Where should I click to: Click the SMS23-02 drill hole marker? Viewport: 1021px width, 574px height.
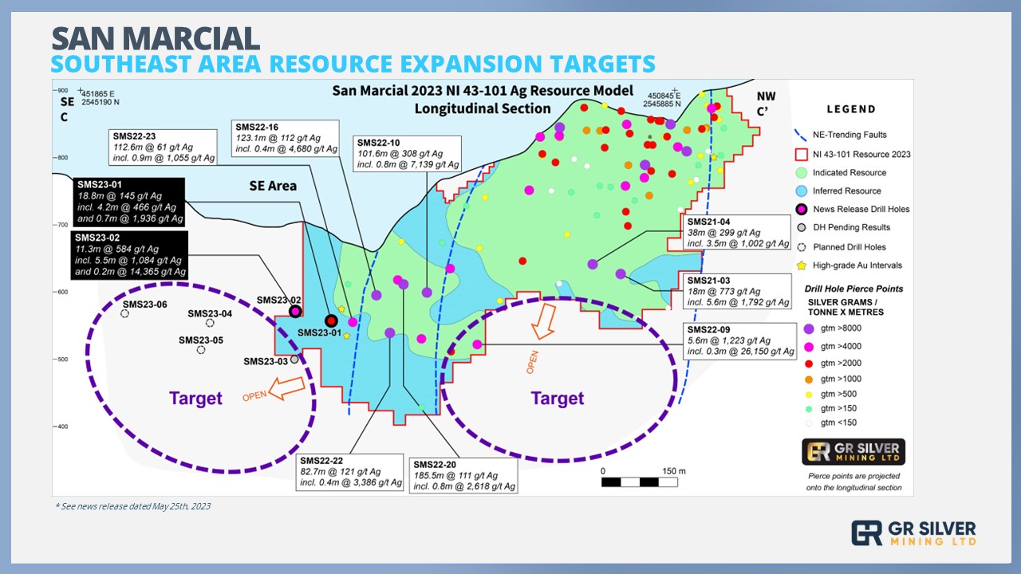click(x=295, y=312)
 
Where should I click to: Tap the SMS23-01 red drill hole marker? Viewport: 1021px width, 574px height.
click(x=331, y=320)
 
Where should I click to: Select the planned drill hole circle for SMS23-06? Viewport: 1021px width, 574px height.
click(x=124, y=314)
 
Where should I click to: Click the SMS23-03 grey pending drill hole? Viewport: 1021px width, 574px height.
click(x=294, y=360)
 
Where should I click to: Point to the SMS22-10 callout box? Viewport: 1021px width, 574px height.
click(x=407, y=154)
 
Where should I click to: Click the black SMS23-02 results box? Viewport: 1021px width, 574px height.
click(x=129, y=255)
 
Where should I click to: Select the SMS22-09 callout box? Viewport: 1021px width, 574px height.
click(x=739, y=340)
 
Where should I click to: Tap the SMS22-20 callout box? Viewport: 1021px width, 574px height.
click(x=463, y=476)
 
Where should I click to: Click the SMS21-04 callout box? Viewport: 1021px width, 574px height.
click(x=736, y=232)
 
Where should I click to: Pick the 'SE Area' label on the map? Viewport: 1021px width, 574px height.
click(x=273, y=186)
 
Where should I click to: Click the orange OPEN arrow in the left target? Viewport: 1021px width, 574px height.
click(x=286, y=388)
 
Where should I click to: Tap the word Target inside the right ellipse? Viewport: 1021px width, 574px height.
click(x=558, y=399)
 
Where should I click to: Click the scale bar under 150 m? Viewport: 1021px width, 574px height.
click(x=639, y=482)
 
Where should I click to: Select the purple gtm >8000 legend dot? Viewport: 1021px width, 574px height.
click(x=809, y=329)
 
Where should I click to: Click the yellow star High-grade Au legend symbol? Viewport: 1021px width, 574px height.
click(x=802, y=265)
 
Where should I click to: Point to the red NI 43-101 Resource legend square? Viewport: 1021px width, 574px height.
click(x=802, y=155)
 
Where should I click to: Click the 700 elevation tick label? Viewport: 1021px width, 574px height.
click(x=61, y=225)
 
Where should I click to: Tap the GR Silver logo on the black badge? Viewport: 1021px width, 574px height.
click(x=853, y=452)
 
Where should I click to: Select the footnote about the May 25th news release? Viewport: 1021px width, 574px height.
click(x=132, y=506)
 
